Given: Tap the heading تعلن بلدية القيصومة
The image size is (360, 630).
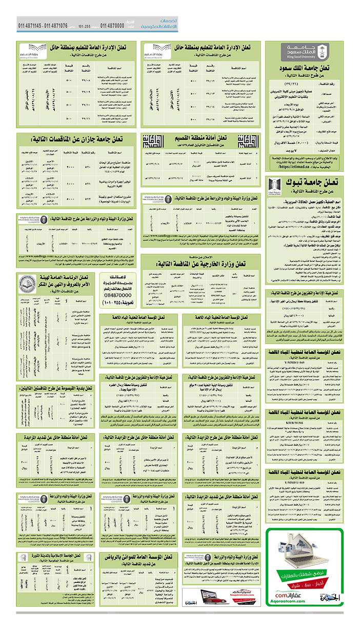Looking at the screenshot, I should pyautogui.click(x=61, y=389).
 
